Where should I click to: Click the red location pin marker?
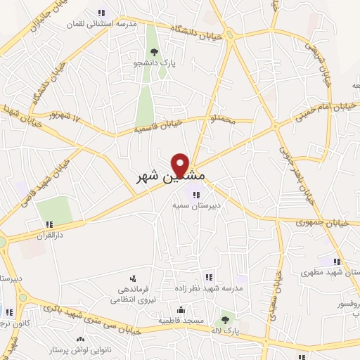[x=181, y=166]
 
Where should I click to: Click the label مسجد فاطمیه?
[x=181, y=320]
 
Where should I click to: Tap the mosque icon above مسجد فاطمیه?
[x=181, y=309]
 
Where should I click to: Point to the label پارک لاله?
[x=226, y=329]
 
